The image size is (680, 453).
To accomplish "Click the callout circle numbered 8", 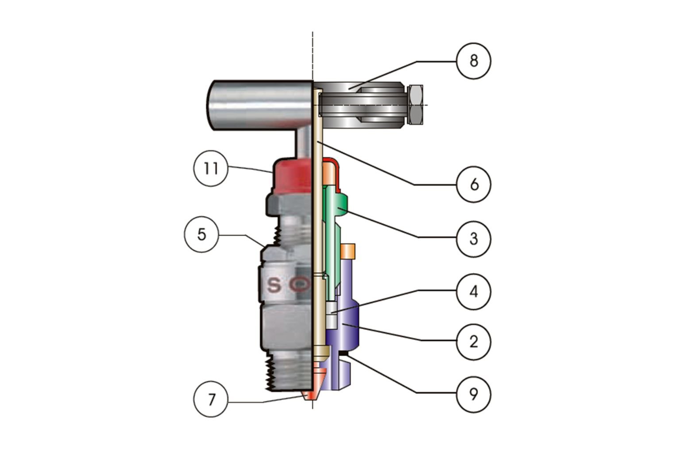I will [474, 61].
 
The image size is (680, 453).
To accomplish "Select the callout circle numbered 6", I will [474, 184].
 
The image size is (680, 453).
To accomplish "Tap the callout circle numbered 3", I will [474, 239].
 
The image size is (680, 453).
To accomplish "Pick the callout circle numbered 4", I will [474, 292].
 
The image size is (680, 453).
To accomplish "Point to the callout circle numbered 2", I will [474, 342].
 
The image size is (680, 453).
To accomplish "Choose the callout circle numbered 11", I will [211, 169].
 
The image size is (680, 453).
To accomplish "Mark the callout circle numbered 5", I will [201, 234].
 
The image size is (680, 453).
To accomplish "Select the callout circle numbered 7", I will [211, 399].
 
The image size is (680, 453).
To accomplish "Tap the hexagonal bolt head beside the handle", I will [416, 105].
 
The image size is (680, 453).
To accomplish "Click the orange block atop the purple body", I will [348, 251].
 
